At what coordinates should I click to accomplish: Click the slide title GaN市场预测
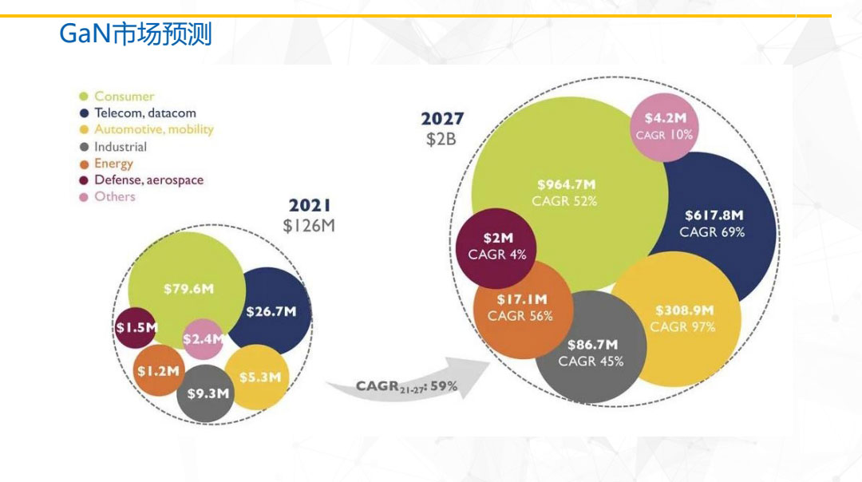(x=136, y=34)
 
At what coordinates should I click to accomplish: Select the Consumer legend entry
(x=124, y=96)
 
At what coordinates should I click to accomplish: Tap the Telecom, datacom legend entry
(x=144, y=113)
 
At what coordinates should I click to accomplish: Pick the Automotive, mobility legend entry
(x=153, y=129)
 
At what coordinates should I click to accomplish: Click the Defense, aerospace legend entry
(x=148, y=180)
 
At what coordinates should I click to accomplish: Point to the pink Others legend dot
(x=83, y=197)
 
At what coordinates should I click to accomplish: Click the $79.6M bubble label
(x=188, y=289)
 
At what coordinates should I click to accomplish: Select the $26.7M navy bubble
(x=271, y=311)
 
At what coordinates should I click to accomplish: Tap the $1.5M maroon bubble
(x=135, y=327)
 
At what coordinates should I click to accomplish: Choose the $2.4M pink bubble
(x=203, y=339)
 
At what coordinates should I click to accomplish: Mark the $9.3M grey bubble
(x=208, y=393)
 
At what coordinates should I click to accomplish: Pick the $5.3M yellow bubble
(x=259, y=377)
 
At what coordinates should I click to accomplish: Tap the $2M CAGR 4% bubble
(x=497, y=246)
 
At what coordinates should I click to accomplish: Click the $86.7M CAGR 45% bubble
(x=591, y=352)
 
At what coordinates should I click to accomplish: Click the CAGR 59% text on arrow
(x=407, y=386)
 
